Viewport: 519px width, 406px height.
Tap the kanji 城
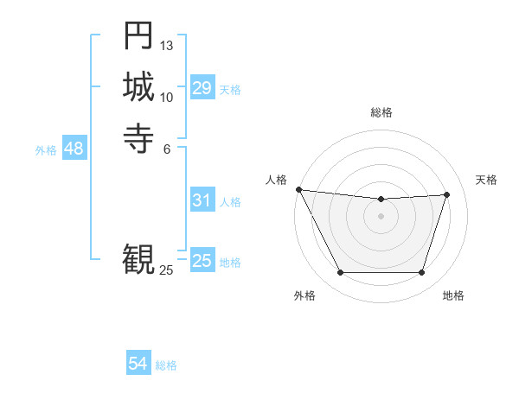(138, 86)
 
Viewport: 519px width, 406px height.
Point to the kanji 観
(138, 257)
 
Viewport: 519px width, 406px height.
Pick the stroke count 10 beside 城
(167, 97)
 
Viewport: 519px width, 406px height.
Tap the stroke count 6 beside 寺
(167, 148)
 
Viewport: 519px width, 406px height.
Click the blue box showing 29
(202, 88)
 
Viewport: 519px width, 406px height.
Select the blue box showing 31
(202, 200)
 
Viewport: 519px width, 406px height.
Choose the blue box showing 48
(74, 149)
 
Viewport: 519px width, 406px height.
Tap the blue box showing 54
(138, 365)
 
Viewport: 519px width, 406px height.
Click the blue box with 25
(202, 261)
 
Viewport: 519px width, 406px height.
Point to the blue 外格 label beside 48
(46, 150)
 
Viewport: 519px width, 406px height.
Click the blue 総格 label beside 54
(166, 365)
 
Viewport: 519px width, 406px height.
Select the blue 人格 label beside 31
(230, 202)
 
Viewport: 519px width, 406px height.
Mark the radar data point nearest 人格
(298, 189)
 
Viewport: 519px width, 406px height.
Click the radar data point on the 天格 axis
(447, 194)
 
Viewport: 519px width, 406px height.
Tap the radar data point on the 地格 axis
(421, 273)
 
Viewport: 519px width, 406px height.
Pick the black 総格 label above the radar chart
(381, 112)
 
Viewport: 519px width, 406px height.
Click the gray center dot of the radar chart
(381, 216)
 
